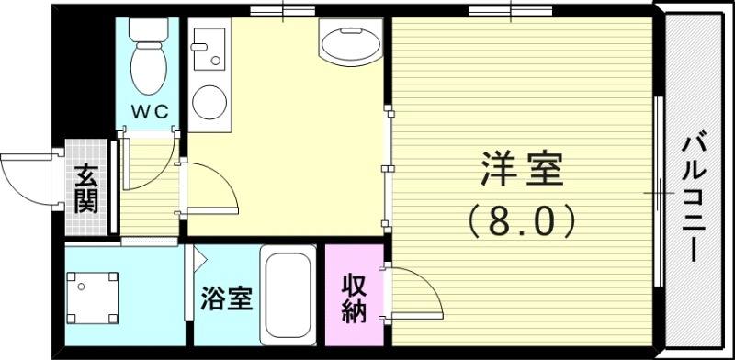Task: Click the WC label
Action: (x=149, y=111)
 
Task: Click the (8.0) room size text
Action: (x=522, y=219)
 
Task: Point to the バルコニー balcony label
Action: (x=695, y=197)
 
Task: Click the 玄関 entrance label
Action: (x=86, y=188)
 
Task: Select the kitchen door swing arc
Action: (x=217, y=188)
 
